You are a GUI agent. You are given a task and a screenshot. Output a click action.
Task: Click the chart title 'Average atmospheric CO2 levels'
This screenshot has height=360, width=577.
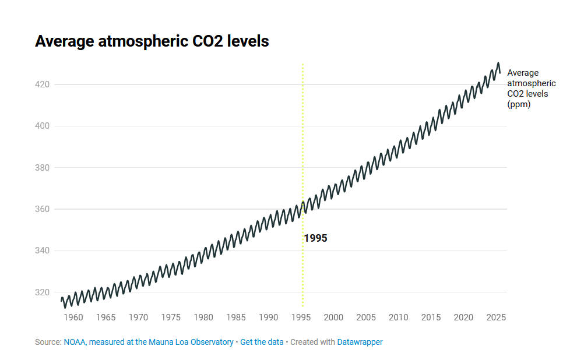pos(152,41)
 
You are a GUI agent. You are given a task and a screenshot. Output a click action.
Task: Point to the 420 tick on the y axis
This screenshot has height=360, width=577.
pos(43,84)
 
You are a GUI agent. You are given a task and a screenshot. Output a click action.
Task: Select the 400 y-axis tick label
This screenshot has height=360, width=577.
pos(43,126)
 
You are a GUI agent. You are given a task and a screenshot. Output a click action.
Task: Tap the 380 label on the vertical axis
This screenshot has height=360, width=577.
pos(43,168)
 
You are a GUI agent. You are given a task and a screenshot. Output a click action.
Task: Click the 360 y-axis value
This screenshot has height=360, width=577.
pos(43,209)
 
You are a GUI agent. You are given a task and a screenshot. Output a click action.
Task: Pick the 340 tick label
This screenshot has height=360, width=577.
pos(43,250)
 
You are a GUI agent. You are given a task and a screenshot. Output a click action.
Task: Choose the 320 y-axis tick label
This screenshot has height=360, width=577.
pos(43,292)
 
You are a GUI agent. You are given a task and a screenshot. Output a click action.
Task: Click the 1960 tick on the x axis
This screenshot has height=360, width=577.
pos(73,317)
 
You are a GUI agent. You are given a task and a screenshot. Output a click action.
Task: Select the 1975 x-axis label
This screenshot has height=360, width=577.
pos(171,317)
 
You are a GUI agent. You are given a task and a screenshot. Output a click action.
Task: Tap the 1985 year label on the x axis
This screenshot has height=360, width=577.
pos(236,317)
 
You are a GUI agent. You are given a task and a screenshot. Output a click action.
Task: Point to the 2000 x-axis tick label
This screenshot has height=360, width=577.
pos(333,317)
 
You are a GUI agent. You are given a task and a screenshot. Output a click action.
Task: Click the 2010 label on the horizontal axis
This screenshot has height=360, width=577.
pos(399,317)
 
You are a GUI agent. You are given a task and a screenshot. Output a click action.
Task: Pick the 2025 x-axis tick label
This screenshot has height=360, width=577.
pos(496,317)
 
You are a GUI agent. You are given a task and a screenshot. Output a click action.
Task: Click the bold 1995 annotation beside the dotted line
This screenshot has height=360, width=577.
pos(316,238)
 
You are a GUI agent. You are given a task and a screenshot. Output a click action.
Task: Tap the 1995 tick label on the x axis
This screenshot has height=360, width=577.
pos(301,317)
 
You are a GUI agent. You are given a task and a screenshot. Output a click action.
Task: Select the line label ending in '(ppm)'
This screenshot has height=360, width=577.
pos(531,89)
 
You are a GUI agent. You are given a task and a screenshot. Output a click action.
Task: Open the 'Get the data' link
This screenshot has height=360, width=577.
pos(262,342)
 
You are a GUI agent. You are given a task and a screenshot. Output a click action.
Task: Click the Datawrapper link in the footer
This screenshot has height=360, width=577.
pos(360,342)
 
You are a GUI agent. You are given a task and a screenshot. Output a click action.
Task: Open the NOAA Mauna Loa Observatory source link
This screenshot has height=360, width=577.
pos(149,342)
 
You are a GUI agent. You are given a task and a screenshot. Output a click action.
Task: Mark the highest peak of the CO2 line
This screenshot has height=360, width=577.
pos(498,63)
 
